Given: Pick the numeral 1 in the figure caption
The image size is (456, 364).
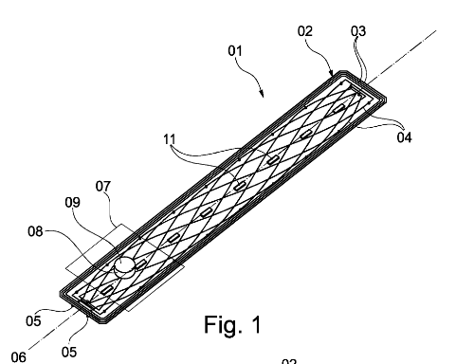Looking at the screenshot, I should [253, 325].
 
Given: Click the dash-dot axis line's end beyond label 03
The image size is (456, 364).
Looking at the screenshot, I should [437, 32].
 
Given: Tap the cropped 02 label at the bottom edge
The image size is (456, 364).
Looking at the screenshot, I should [288, 360].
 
